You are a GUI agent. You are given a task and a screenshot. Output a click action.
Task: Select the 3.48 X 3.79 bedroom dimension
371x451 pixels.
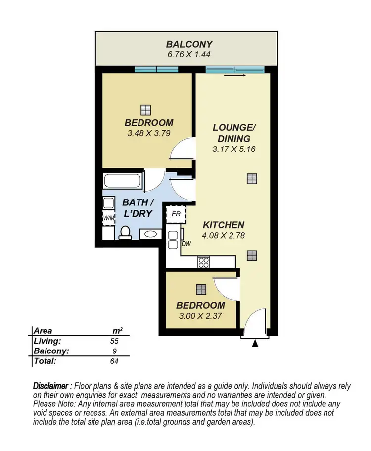[149, 133]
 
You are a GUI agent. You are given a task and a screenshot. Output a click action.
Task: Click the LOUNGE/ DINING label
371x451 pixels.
[232, 133]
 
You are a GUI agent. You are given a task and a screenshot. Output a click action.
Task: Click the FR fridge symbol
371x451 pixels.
[175, 214]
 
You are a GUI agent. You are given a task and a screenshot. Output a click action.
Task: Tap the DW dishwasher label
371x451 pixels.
[186, 243]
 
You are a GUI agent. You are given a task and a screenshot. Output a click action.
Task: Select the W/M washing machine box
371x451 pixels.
[109, 218]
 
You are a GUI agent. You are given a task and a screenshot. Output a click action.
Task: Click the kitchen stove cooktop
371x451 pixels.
[204, 262]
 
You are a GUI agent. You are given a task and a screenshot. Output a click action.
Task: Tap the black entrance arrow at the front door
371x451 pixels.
[255, 343]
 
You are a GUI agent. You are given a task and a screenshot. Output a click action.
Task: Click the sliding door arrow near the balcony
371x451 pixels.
[235, 76]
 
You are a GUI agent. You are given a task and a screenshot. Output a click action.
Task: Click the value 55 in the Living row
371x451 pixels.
[114, 341]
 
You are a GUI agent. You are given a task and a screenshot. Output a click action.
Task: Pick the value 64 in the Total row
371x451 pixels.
[114, 361]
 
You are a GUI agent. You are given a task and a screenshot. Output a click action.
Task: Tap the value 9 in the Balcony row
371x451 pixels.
[114, 351]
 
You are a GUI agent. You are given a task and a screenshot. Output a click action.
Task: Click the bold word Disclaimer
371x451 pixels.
[50, 386]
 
